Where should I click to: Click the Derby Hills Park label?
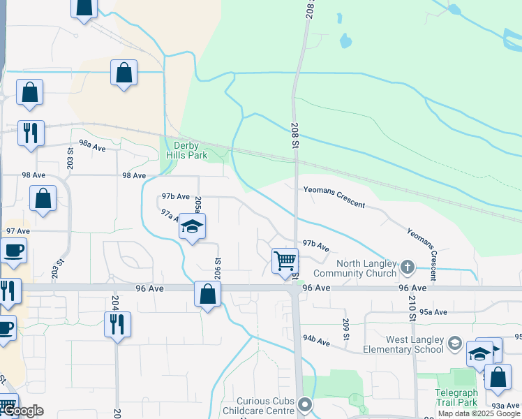(x=187, y=150)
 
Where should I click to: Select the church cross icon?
(x=407, y=267)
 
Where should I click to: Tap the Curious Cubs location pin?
(x=304, y=404)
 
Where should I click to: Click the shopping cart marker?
(x=285, y=261)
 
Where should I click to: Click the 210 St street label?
(x=412, y=308)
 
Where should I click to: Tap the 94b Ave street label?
(x=316, y=341)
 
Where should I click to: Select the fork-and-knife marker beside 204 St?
(x=117, y=324)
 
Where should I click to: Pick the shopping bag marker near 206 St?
(x=207, y=293)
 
